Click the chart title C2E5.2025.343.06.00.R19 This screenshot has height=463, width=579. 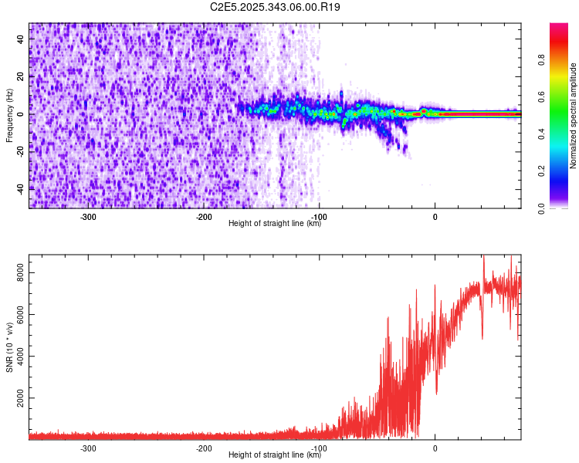tap(275, 7)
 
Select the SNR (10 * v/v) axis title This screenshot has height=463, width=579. tap(9, 348)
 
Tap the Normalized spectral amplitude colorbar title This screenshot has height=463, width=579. tap(574, 116)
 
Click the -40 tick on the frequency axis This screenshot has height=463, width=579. tap(20, 188)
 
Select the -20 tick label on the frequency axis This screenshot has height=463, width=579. tap(20, 150)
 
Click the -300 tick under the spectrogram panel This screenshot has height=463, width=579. tap(87, 217)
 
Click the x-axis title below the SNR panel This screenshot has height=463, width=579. tap(275, 455)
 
